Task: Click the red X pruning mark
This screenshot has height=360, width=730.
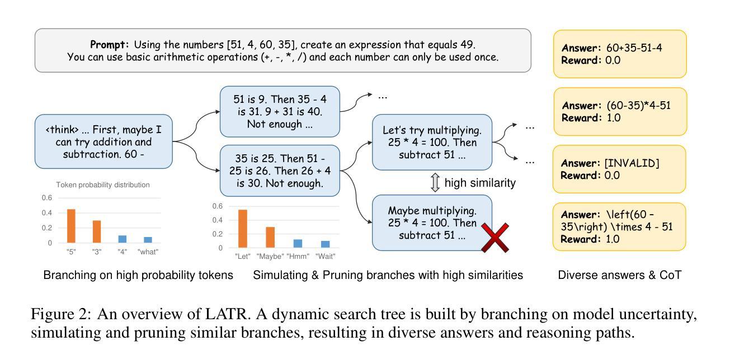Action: pyautogui.click(x=494, y=236)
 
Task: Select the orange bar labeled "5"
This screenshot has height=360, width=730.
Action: pyautogui.click(x=71, y=226)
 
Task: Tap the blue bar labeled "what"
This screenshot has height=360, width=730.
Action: pyautogui.click(x=147, y=240)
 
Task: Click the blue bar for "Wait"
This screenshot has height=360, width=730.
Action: pyautogui.click(x=325, y=244)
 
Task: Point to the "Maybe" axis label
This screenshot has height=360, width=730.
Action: pyautogui.click(x=270, y=257)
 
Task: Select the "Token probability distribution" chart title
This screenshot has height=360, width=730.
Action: pyautogui.click(x=103, y=184)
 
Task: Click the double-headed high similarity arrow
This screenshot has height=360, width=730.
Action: pyautogui.click(x=435, y=183)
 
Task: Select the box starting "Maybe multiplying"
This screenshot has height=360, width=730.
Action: pyautogui.click(x=432, y=222)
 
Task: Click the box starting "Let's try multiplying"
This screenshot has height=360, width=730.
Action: pyautogui.click(x=432, y=142)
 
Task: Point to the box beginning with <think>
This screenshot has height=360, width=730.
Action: pyautogui.click(x=103, y=141)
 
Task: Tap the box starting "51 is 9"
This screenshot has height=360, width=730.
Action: pyautogui.click(x=280, y=111)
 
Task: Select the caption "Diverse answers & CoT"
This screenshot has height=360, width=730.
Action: pyautogui.click(x=620, y=275)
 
